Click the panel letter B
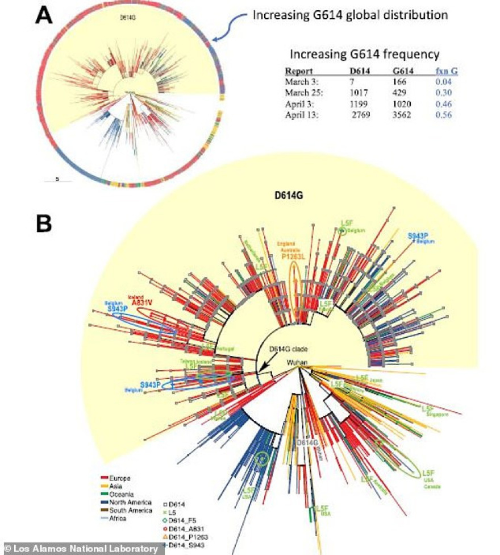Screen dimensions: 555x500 point(44,222)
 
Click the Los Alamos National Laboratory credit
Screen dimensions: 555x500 point(80,549)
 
